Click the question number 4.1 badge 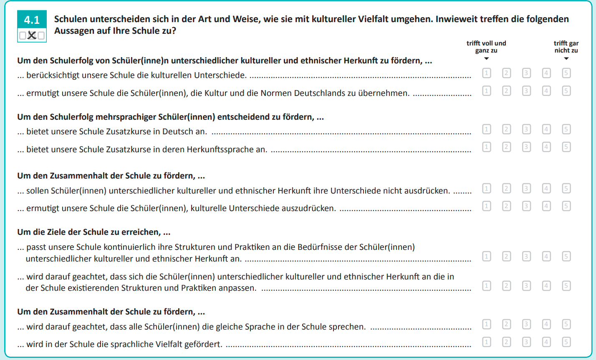[32, 20]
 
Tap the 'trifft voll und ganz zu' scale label [486, 47]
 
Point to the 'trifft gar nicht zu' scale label [566, 47]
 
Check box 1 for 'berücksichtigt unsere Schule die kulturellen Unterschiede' [487, 73]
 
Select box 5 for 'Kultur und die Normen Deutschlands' [566, 91]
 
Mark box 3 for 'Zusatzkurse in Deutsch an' [526, 129]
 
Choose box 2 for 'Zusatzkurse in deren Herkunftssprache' [506, 147]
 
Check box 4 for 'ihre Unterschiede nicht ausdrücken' [546, 189]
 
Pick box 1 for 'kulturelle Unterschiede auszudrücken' [487, 206]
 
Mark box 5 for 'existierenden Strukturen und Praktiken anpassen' [566, 286]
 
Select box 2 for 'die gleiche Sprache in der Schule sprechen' [506, 324]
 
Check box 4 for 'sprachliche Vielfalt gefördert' [546, 342]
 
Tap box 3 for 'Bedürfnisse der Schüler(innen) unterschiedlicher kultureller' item [526, 256]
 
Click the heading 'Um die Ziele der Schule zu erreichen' [94, 232]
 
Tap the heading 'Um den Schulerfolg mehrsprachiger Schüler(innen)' [170, 117]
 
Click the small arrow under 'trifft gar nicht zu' [566, 58]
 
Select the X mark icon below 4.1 [32, 35]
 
